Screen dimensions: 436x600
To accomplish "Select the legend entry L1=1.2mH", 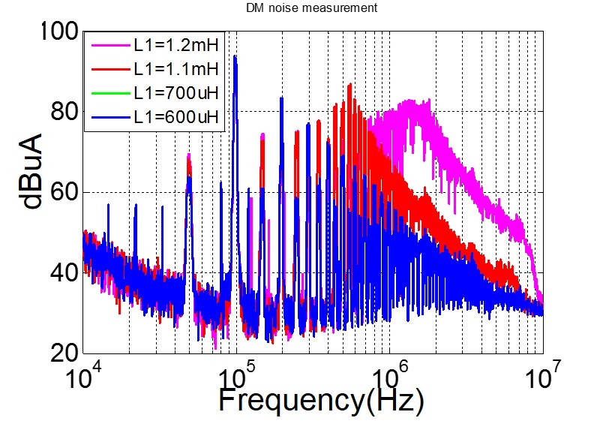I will [x=175, y=49].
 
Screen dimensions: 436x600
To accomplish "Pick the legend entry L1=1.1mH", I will [x=175, y=71].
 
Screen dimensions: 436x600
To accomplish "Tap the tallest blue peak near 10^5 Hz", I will [x=235, y=57].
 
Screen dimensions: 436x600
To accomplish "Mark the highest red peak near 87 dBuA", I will [x=349, y=85].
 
